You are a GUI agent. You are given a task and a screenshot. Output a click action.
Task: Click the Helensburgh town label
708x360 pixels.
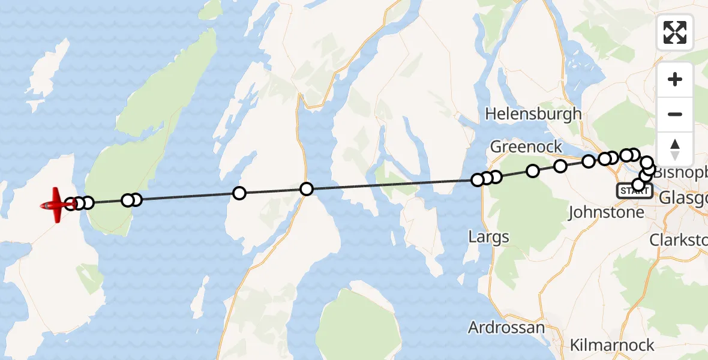pos(533,113)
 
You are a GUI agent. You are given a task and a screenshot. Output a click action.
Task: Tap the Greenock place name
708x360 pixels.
pos(526,146)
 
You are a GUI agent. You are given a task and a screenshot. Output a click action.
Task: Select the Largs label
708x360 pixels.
pos(488,236)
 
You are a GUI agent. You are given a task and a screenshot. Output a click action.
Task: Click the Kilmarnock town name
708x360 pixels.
pos(611,345)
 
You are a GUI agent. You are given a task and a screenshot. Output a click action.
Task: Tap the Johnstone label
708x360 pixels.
pos(605,212)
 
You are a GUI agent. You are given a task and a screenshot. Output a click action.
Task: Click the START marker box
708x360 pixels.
pos(634,191)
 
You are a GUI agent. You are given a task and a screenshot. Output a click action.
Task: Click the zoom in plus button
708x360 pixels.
pos(675,80)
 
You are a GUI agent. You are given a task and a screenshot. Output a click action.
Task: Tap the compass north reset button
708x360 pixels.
pos(675,148)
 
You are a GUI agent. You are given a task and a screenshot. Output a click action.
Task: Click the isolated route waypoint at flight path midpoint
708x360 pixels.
pos(307,189)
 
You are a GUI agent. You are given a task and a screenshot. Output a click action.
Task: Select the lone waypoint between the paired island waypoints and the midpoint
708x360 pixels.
pos(239,193)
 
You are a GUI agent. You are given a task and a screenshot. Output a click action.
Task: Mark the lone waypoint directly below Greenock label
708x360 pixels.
pos(533,171)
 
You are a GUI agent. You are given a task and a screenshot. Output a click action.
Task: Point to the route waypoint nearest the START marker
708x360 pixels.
pos(638,184)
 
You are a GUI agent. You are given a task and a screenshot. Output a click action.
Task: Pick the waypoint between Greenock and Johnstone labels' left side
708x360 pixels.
pos(560,166)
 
